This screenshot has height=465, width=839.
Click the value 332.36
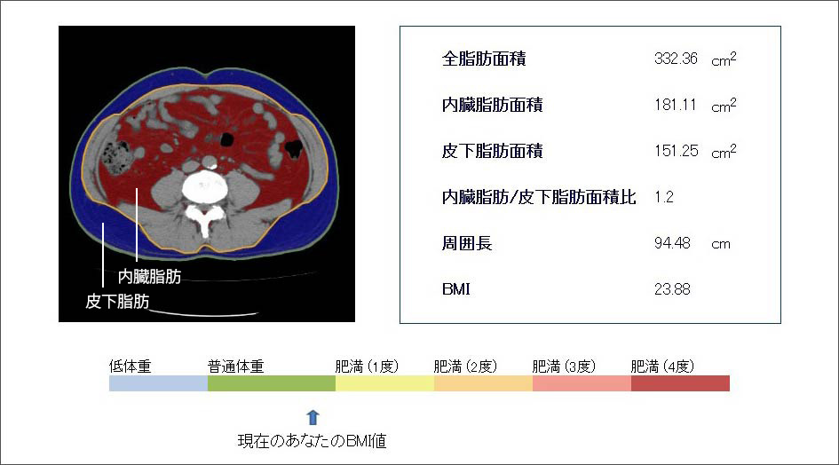[676, 59]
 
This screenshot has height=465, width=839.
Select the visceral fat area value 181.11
[676, 105]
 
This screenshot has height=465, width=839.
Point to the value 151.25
[676, 150]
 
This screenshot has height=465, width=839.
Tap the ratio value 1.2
[663, 197]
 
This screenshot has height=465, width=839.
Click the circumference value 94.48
[672, 243]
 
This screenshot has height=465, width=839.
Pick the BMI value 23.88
[672, 289]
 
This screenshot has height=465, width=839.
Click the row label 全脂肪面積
[484, 59]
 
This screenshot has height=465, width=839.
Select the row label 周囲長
[467, 243]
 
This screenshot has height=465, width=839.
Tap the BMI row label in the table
[455, 289]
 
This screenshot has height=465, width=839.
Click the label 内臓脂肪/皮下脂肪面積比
[539, 197]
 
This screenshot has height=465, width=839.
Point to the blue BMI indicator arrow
[313, 418]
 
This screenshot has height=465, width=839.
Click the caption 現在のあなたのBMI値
[312, 441]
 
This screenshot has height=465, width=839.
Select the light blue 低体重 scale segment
[158, 383]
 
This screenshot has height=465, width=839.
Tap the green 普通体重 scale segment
[272, 383]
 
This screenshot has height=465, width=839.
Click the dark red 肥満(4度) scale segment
[680, 383]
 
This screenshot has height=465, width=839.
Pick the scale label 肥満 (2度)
[465, 366]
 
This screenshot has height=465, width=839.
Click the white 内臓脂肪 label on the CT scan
[149, 277]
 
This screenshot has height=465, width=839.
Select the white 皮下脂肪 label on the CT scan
[117, 301]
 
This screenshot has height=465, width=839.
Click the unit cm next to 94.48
[721, 244]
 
